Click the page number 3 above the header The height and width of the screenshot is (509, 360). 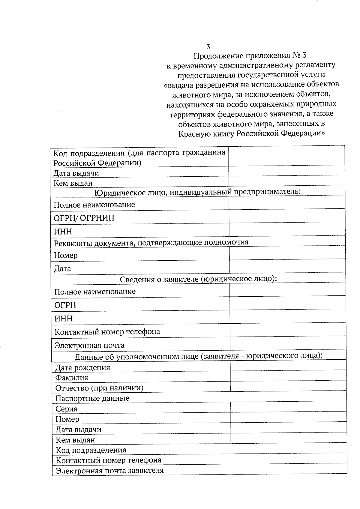tap(208, 47)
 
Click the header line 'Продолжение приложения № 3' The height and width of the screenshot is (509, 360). tap(250, 56)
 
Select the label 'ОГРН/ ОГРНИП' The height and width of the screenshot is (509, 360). tap(84, 218)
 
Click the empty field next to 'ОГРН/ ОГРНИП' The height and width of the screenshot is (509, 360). tap(287, 216)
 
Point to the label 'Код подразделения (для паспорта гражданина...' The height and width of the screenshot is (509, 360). tap(139, 157)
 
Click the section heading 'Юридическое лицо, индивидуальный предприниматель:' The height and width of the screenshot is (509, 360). tap(197, 192)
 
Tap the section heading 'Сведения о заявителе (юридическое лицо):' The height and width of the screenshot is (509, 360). tap(198, 279)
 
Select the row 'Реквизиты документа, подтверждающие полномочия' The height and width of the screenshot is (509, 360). tap(151, 242)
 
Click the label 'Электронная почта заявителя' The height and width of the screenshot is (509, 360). tap(110, 470)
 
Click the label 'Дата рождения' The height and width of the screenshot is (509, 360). tap(83, 367)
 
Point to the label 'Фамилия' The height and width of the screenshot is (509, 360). tap(72, 378)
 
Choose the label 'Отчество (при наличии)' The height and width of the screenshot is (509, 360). tap(99, 388)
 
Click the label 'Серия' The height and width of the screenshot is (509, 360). tap(67, 409)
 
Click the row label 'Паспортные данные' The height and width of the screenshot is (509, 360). tap(92, 398)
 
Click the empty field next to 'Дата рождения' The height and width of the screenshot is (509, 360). tap(288, 366)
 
